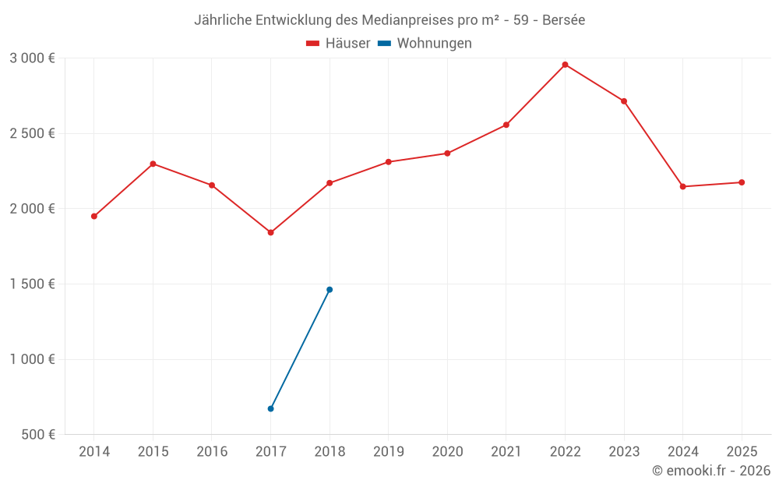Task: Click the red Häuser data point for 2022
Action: tap(565, 65)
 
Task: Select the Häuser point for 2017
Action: tap(270, 232)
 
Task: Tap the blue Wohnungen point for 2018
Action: tap(330, 290)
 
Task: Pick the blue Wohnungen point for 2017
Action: tap(270, 408)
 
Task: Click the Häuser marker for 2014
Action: tap(94, 216)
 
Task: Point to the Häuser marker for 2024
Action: tap(682, 186)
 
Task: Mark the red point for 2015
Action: tap(153, 164)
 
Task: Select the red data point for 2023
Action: tap(624, 101)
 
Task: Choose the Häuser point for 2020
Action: tap(447, 154)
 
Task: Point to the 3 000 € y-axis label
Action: tap(32, 58)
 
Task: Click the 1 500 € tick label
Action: tap(32, 284)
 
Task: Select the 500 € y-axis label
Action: tap(37, 435)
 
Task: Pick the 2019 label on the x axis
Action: tap(388, 452)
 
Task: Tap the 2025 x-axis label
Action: tap(742, 452)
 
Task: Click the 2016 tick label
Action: tap(212, 452)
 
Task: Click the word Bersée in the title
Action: tap(563, 20)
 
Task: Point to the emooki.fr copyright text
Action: tap(711, 471)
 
